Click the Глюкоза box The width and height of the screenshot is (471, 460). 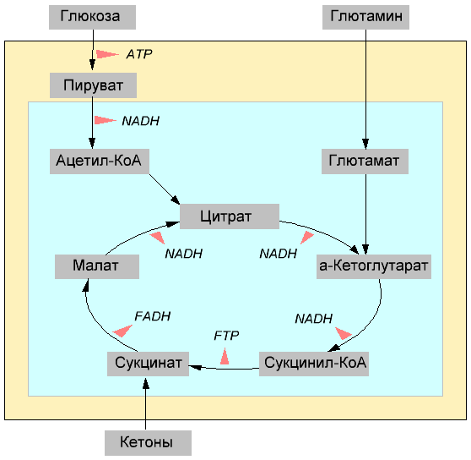92,17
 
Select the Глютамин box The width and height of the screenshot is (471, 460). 365,17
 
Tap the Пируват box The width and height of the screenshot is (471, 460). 93,85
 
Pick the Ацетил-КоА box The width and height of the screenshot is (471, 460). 100,162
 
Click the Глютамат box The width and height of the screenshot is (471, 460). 365,162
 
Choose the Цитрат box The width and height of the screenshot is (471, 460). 230,216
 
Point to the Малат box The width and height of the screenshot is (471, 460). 97,266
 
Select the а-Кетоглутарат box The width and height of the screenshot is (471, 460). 374,266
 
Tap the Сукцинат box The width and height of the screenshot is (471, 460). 148,364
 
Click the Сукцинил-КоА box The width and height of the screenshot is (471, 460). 314,364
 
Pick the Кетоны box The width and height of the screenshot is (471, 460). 148,443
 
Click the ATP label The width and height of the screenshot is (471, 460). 139,54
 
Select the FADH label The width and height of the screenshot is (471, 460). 153,316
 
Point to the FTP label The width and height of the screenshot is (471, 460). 226,336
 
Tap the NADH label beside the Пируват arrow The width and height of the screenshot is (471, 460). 141,121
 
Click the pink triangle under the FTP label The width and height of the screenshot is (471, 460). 225,356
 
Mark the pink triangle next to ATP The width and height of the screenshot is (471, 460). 107,54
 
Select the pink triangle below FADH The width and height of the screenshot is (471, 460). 123,331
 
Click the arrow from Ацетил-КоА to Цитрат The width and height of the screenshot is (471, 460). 165,189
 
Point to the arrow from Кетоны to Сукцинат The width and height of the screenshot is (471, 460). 146,403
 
